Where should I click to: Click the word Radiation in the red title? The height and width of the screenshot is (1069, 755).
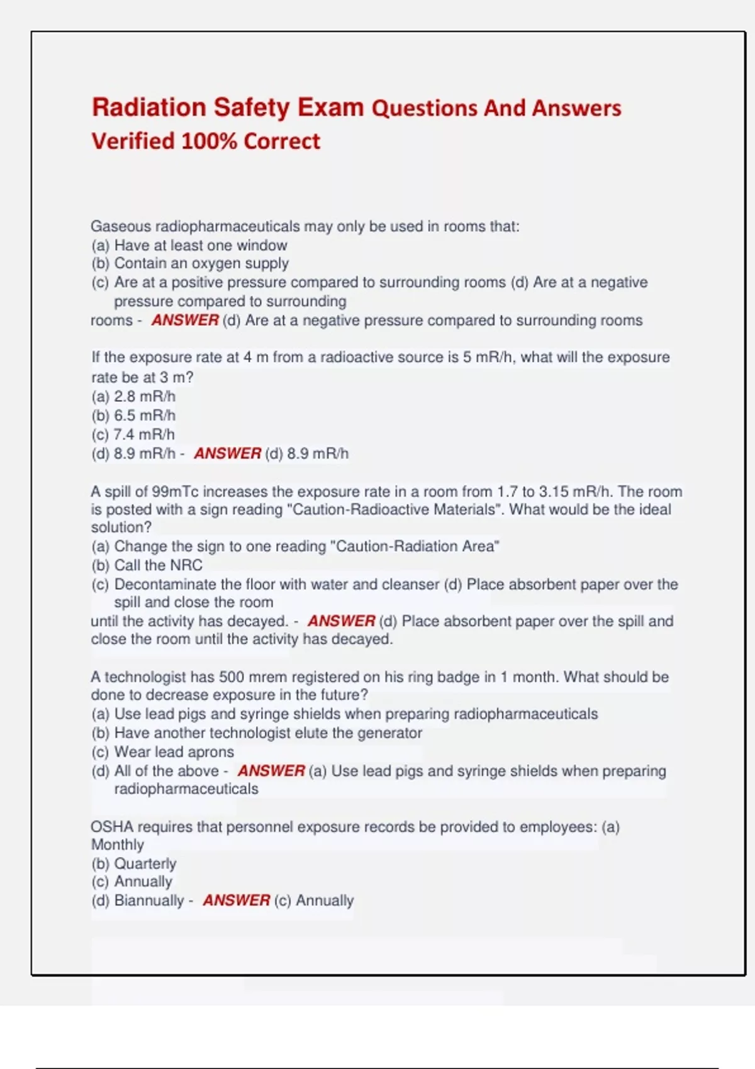tap(148, 108)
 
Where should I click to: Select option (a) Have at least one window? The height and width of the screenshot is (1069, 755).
tap(189, 245)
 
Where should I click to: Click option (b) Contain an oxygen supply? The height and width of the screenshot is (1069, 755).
tap(190, 263)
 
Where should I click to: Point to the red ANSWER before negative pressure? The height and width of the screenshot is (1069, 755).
tap(185, 320)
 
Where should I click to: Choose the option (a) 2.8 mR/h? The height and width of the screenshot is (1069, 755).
tap(133, 397)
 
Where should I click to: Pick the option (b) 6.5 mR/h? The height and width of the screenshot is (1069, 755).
tap(133, 416)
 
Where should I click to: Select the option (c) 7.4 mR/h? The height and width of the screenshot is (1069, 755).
tap(133, 435)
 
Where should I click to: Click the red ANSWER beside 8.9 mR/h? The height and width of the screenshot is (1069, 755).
tap(227, 453)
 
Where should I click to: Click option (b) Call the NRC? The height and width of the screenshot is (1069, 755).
tap(147, 565)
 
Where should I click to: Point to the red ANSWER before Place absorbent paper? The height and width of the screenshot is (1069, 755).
tap(341, 621)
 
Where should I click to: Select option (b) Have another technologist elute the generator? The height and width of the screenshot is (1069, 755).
tap(257, 733)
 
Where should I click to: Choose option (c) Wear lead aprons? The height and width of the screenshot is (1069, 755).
tap(163, 752)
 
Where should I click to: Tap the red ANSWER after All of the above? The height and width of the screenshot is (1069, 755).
tap(271, 771)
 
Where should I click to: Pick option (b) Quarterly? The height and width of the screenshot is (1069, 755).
tap(134, 864)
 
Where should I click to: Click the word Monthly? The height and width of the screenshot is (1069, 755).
tap(118, 845)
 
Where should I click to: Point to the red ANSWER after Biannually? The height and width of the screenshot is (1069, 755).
tap(236, 900)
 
